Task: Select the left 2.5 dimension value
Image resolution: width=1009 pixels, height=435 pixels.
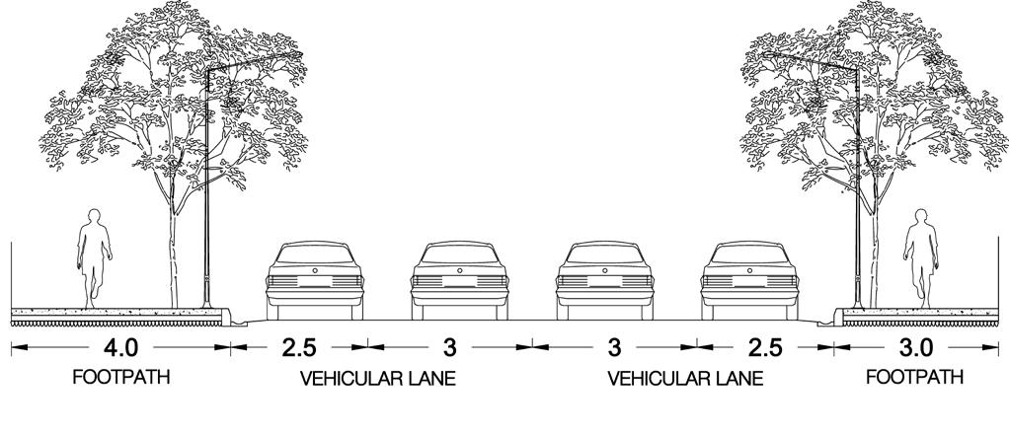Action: click(299, 348)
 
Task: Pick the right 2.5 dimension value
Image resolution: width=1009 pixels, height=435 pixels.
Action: click(764, 348)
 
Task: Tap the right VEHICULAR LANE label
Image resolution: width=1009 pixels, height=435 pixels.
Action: click(686, 378)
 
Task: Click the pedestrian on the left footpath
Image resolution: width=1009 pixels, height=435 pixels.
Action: click(92, 254)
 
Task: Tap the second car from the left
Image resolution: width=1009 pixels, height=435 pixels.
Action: click(458, 280)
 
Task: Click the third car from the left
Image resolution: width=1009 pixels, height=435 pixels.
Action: click(603, 280)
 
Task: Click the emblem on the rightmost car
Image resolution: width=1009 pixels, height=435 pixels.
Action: click(748, 269)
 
